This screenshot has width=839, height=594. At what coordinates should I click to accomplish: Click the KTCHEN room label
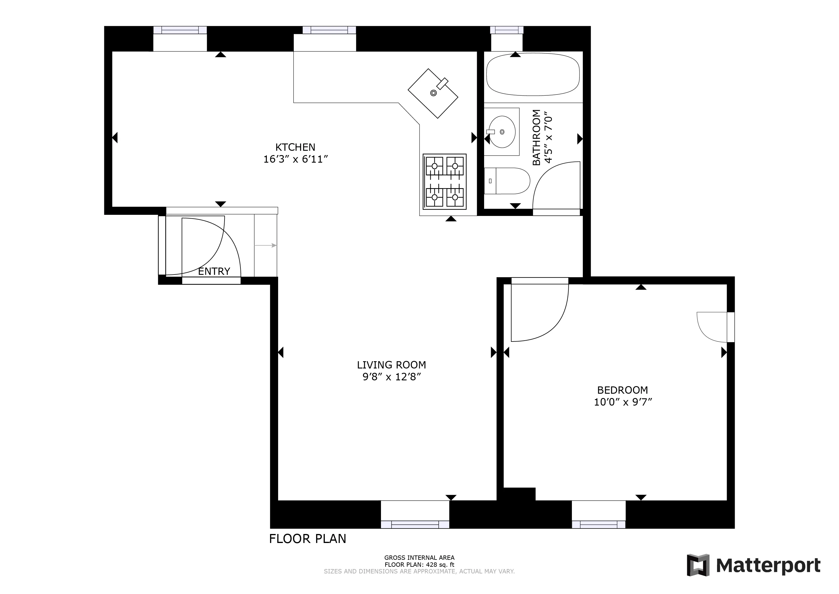coord(295,147)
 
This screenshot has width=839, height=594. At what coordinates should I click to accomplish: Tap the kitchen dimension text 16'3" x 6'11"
coord(295,159)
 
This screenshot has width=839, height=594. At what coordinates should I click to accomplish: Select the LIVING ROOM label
coord(391,365)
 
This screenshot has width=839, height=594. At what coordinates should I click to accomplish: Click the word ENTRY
coord(214,271)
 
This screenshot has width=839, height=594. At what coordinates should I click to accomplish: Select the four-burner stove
coord(444,181)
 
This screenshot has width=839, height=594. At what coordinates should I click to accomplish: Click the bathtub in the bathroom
coord(532,75)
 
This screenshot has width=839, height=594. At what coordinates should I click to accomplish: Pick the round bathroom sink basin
coord(502,132)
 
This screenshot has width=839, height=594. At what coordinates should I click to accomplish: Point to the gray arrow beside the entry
coord(266,246)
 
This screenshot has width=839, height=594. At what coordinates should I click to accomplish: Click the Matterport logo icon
coord(698,565)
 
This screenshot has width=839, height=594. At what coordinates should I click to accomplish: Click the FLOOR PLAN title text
coord(307,539)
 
